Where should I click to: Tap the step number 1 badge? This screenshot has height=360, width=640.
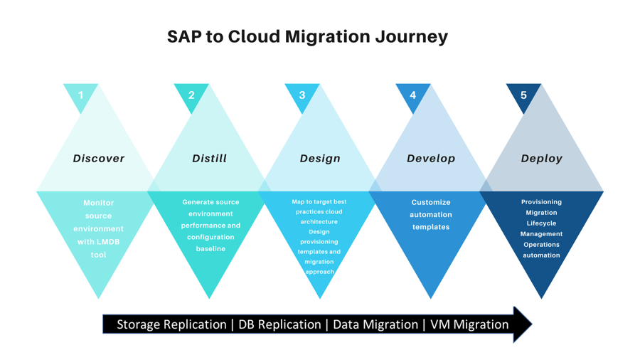point(81,95)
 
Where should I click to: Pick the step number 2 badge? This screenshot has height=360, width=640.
point(191,95)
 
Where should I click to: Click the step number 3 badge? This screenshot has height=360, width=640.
point(302,95)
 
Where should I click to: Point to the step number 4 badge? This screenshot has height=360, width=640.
point(412,95)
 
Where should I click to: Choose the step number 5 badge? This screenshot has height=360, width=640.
point(523,95)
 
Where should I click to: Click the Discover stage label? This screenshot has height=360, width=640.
point(99,159)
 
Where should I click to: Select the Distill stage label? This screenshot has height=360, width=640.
point(209,159)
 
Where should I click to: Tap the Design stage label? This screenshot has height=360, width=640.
point(320,159)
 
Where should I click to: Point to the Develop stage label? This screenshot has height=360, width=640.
point(431,159)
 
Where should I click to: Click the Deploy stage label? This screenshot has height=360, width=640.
point(542,159)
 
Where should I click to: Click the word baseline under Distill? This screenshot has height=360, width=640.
point(210,248)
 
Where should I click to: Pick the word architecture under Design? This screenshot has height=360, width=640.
point(319,222)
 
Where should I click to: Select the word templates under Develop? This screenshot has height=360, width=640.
point(431,227)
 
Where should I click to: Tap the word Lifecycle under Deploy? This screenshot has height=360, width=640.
point(541,223)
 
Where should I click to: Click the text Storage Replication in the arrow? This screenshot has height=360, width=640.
point(171,324)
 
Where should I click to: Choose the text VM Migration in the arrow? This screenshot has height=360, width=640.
point(469,324)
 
